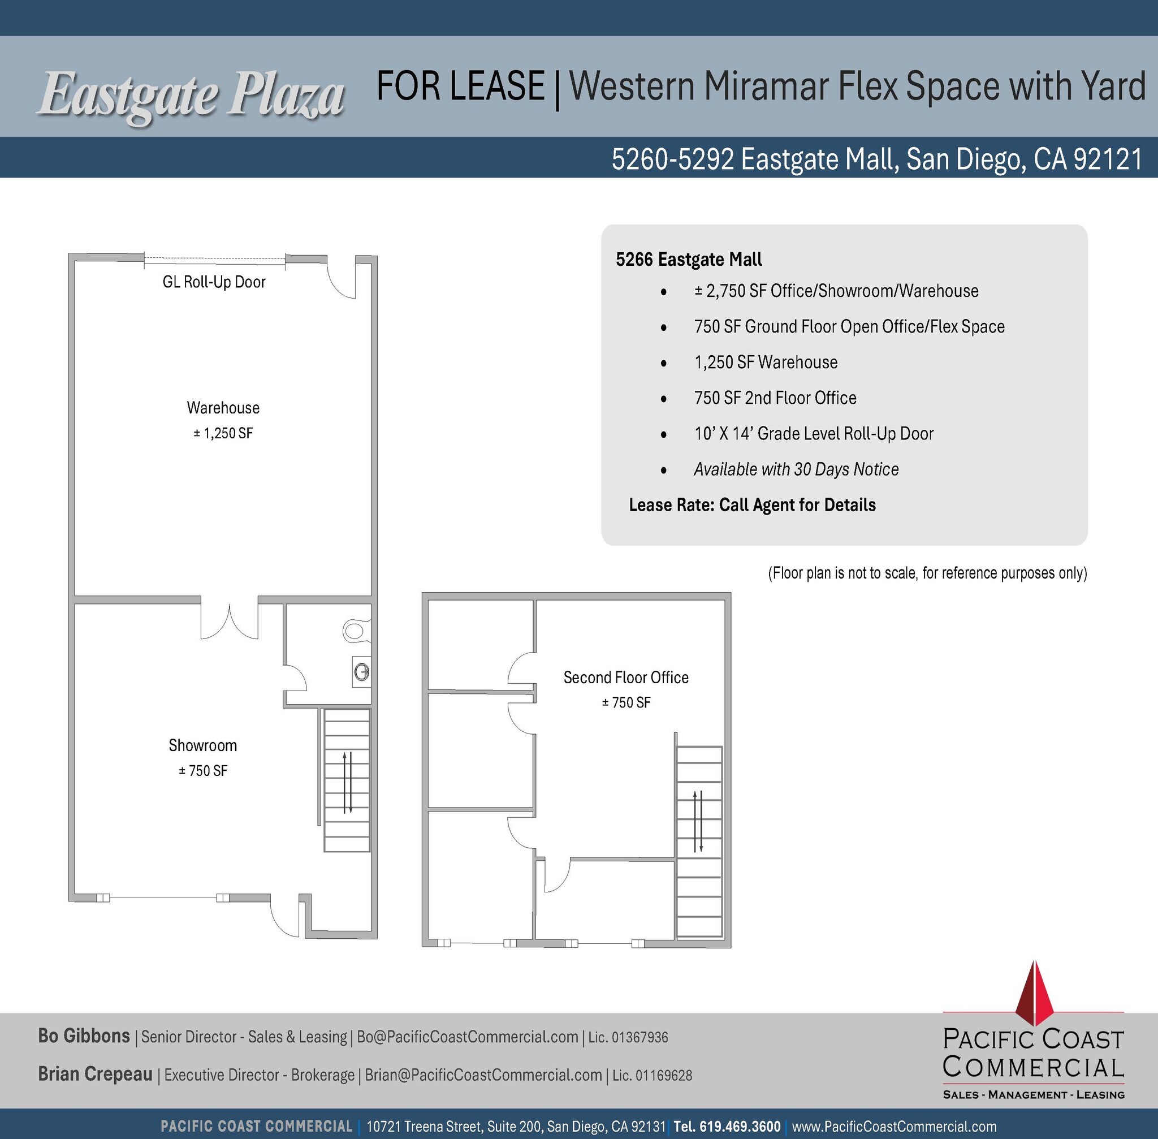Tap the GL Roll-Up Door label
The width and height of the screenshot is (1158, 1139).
coord(214,282)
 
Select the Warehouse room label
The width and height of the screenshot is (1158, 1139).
coord(223,408)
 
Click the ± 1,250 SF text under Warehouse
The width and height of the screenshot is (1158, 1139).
coord(223,433)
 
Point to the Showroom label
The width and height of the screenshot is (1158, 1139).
coord(203,745)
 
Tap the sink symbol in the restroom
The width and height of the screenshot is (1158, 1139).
coord(362,672)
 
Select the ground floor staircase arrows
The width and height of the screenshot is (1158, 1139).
coord(347,781)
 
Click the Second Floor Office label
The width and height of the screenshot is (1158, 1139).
coord(626,677)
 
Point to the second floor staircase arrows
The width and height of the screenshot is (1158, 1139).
coord(697,821)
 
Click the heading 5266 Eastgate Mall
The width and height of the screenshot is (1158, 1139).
coord(689,260)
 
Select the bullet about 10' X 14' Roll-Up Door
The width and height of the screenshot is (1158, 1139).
coord(814,434)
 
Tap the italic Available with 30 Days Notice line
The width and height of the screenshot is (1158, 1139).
coord(796,469)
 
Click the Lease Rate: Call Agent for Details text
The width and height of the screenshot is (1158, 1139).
coord(752,505)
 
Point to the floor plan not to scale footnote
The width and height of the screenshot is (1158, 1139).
coord(927,573)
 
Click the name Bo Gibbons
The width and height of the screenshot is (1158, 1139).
coord(84,1036)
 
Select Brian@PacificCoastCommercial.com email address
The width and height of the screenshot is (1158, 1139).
coord(483,1075)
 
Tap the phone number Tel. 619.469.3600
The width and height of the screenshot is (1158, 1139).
coord(727,1127)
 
